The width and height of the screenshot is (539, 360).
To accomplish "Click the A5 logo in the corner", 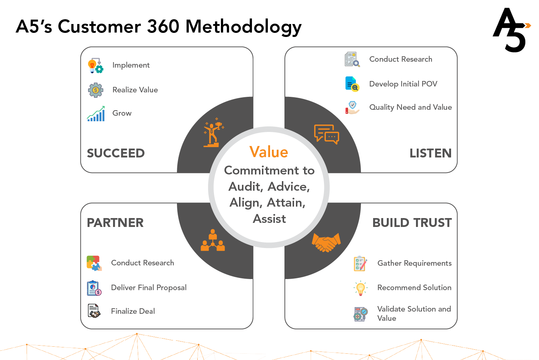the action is click(512, 30).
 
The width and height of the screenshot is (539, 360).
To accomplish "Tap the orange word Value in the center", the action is click(269, 152).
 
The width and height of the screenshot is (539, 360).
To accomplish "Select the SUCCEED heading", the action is click(116, 153).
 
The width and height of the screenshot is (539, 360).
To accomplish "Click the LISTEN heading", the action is click(430, 153).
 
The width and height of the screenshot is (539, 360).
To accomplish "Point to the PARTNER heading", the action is click(115, 223).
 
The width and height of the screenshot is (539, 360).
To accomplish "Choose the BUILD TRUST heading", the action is click(412, 223).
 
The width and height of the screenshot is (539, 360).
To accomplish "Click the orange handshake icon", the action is click(326, 242).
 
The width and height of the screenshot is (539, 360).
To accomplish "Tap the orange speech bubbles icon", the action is click(327, 135).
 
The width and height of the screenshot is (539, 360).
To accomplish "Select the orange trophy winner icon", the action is click(214, 132).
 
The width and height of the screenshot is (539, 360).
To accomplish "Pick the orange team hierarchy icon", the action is click(213, 240).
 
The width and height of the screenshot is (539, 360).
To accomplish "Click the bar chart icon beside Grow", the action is click(96, 114).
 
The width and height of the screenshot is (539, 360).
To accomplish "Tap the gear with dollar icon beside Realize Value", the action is click(96, 90).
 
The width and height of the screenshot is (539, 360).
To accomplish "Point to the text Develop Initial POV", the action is click(403, 84).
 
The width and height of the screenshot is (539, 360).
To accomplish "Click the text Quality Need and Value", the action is click(410, 108).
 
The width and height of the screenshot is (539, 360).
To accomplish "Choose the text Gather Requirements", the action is click(415, 263).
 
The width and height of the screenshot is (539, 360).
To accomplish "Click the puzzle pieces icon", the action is click(94, 263).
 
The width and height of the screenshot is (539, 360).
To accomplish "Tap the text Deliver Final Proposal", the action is click(149, 288).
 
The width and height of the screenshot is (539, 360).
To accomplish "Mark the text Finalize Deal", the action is click(133, 311).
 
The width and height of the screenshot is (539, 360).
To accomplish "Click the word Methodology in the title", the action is click(243, 27).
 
